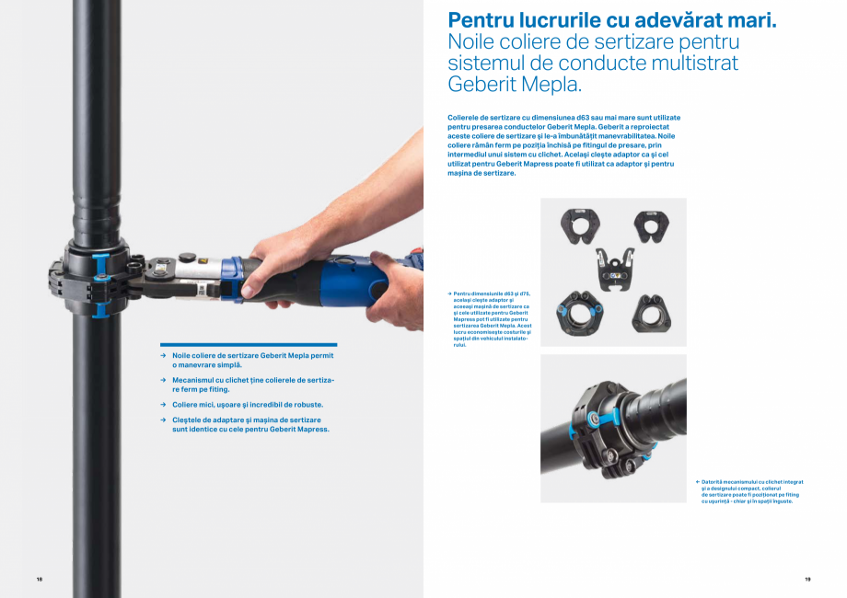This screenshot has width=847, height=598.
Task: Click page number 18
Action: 40,579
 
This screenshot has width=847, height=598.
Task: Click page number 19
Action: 807,579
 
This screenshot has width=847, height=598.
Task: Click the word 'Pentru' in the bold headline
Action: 478,20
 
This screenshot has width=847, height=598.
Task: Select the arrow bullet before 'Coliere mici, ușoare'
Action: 162,404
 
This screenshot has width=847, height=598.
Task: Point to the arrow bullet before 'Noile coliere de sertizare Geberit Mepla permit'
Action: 162,355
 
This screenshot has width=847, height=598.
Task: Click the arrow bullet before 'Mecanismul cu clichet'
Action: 162,379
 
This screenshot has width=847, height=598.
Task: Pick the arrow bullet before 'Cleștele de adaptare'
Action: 162,420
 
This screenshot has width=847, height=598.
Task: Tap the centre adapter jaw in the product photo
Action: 614,268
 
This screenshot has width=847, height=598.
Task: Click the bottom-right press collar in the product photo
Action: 651,313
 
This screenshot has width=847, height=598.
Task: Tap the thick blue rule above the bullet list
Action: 248,344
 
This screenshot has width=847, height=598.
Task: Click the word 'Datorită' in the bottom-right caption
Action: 713,481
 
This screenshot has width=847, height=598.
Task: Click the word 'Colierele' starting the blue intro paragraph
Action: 466,118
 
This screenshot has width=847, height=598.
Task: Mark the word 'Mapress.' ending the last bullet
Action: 312,429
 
